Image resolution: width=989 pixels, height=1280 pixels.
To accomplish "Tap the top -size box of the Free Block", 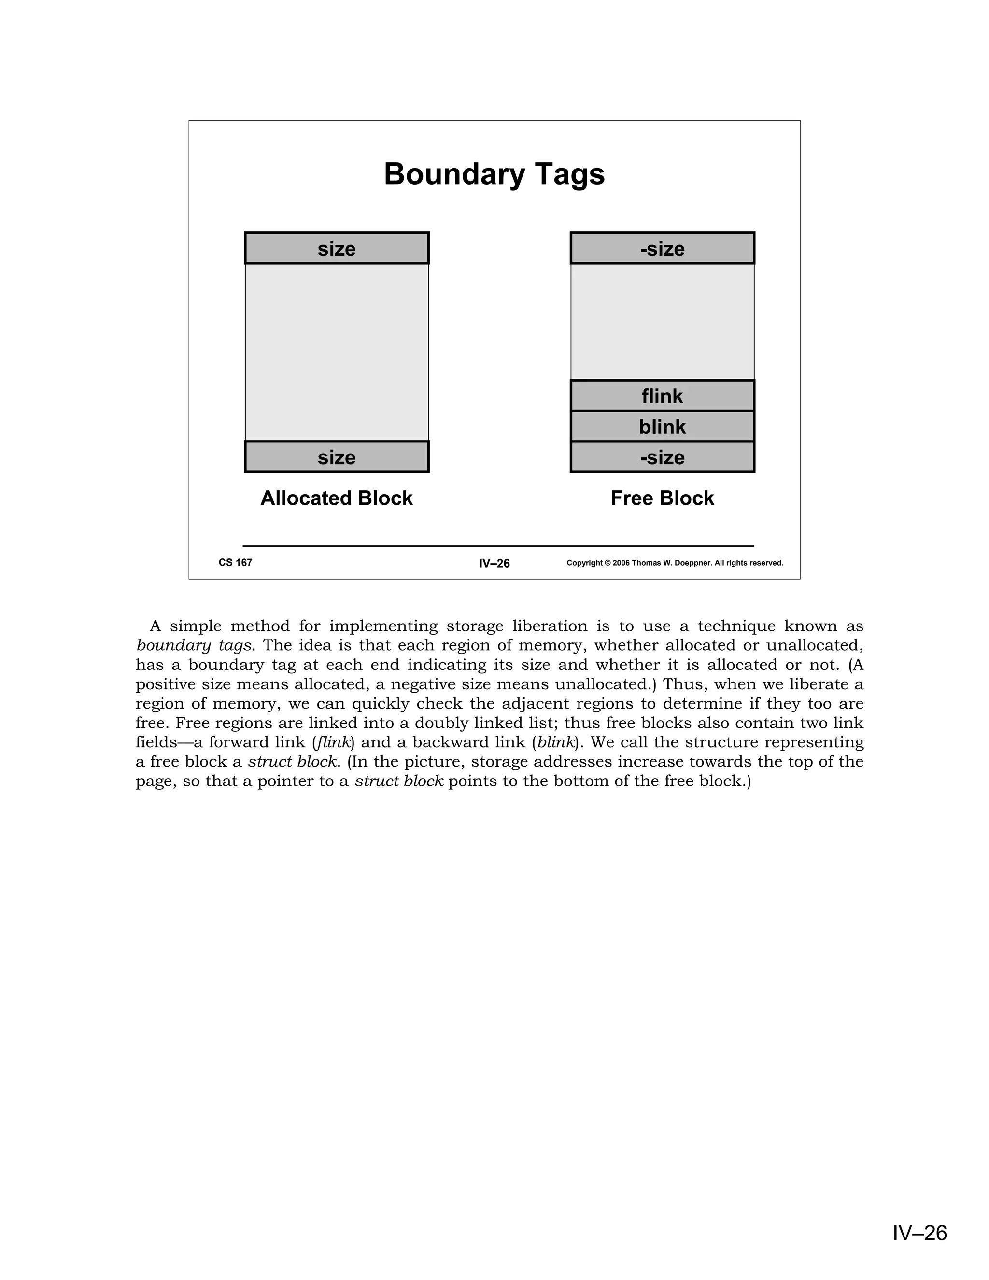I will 662,248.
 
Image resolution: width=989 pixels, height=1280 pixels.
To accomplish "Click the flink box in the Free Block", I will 662,396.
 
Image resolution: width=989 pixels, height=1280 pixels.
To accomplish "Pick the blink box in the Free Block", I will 662,427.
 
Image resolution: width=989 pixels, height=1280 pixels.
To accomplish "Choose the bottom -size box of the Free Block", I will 662,457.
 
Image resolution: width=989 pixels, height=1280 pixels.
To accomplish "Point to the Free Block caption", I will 662,498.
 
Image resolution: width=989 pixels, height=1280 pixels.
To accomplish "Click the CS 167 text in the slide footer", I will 235,563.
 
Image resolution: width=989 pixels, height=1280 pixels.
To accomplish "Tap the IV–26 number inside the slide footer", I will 494,563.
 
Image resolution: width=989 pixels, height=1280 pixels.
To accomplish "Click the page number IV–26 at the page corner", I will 919,1233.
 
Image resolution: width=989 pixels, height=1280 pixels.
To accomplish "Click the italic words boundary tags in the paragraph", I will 195,646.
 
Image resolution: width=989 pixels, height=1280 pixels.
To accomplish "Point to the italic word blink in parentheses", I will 554,742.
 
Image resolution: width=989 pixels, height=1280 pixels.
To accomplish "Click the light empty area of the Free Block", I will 662,321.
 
